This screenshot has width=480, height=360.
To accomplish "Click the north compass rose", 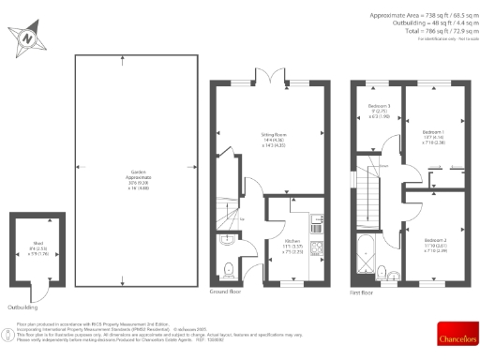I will click(x=28, y=38).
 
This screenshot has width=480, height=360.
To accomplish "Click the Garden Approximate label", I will click(x=137, y=179).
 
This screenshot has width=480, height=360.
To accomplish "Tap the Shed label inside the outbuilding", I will click(x=38, y=247).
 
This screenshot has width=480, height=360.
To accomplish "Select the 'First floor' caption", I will click(x=362, y=292).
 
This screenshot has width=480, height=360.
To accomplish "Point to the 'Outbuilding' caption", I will click(x=23, y=306).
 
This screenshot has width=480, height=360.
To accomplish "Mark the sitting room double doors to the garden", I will click(x=272, y=77).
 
